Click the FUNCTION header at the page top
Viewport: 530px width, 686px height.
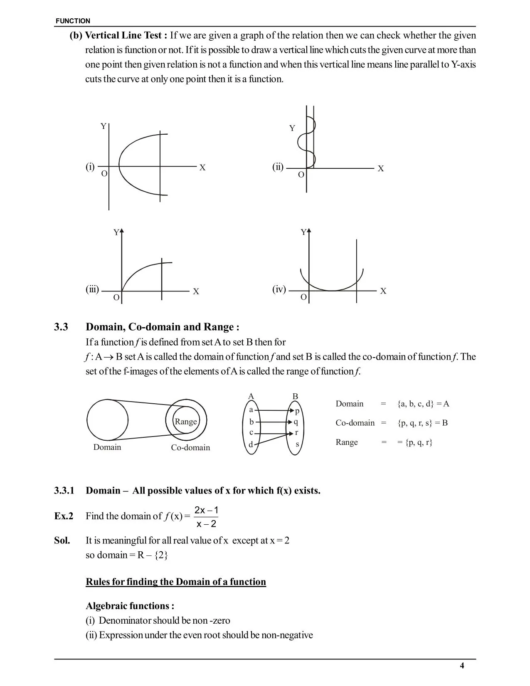click(x=73, y=21)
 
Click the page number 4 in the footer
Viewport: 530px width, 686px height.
click(x=462, y=666)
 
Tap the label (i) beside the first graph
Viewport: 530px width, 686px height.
click(x=90, y=167)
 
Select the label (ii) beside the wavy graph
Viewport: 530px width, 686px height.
click(x=278, y=167)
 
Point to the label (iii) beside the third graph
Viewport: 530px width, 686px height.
click(x=92, y=289)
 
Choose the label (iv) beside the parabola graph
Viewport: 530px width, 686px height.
click(x=279, y=289)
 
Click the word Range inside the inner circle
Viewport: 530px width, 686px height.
click(x=185, y=421)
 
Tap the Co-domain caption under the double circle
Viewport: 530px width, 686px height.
click(x=190, y=447)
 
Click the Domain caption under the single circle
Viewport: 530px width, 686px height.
click(x=107, y=447)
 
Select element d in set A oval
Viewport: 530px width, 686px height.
click(x=251, y=444)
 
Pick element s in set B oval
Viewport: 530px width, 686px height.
click(x=297, y=444)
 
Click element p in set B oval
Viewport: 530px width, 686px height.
click(x=297, y=411)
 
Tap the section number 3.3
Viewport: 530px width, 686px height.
click(x=61, y=327)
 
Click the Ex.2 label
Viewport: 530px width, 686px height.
click(x=64, y=516)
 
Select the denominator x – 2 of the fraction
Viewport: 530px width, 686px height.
click(x=206, y=524)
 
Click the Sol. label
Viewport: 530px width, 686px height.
click(x=62, y=540)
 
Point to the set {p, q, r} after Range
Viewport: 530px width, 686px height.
click(x=419, y=442)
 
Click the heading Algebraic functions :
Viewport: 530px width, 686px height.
click(x=130, y=605)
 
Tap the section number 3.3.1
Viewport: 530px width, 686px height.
click(x=64, y=491)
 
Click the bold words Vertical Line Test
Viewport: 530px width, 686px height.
click(x=123, y=35)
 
